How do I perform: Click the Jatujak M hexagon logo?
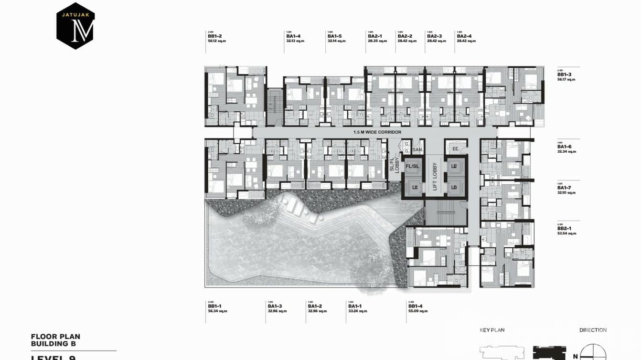[x=75, y=26]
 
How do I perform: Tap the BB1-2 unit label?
[x=215, y=36]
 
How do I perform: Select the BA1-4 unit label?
[x=293, y=36]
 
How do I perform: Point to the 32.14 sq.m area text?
[x=337, y=41]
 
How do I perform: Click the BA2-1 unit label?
[x=374, y=36]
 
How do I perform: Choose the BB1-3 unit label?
[x=564, y=74]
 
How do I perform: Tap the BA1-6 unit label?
[x=564, y=147]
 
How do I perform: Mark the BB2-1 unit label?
[x=564, y=229]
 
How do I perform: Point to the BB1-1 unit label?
[x=215, y=306]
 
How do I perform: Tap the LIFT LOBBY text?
[x=435, y=174]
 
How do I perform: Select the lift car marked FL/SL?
[x=412, y=166]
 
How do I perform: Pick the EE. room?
[x=455, y=149]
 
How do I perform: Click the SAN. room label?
[x=417, y=149]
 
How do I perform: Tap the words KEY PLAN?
[x=492, y=330]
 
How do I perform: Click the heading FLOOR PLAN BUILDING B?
[x=55, y=340]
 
